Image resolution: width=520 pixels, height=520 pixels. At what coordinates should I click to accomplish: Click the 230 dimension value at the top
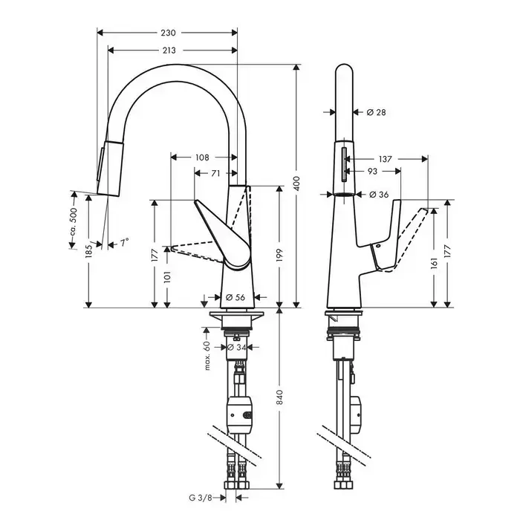click(x=169, y=33)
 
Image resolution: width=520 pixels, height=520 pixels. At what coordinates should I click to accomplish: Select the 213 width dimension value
click(x=169, y=51)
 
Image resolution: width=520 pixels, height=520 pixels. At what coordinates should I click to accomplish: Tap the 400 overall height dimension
click(x=296, y=183)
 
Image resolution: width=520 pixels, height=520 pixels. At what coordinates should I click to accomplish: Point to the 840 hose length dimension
click(x=280, y=397)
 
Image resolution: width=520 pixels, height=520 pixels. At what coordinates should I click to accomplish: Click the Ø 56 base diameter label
click(x=235, y=297)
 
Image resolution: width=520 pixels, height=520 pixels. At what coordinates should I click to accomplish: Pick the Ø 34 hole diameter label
click(x=236, y=347)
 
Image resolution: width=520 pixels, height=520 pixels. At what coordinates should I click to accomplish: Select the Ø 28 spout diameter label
click(x=377, y=112)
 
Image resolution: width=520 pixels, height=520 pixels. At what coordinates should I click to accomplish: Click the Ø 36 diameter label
click(x=379, y=195)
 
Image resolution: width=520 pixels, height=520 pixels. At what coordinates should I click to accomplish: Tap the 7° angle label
click(x=124, y=243)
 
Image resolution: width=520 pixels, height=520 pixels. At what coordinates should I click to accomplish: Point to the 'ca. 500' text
click(x=74, y=222)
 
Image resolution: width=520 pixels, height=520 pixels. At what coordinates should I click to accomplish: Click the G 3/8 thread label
click(x=201, y=498)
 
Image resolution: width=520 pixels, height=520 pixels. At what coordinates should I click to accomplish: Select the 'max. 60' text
click(x=207, y=356)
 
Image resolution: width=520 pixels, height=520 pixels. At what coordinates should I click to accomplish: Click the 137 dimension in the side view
click(x=385, y=159)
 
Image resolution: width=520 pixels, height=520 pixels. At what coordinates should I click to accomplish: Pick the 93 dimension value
click(x=372, y=171)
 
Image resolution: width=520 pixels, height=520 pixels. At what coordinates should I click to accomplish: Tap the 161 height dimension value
click(x=435, y=261)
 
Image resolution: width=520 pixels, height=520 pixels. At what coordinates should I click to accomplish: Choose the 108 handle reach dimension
click(x=202, y=157)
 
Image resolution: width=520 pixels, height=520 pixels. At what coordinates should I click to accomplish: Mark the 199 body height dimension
click(x=279, y=255)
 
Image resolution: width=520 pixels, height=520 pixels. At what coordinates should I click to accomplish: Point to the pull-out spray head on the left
click(x=108, y=167)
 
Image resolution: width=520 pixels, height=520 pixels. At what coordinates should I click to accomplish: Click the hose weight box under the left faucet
click(x=241, y=415)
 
